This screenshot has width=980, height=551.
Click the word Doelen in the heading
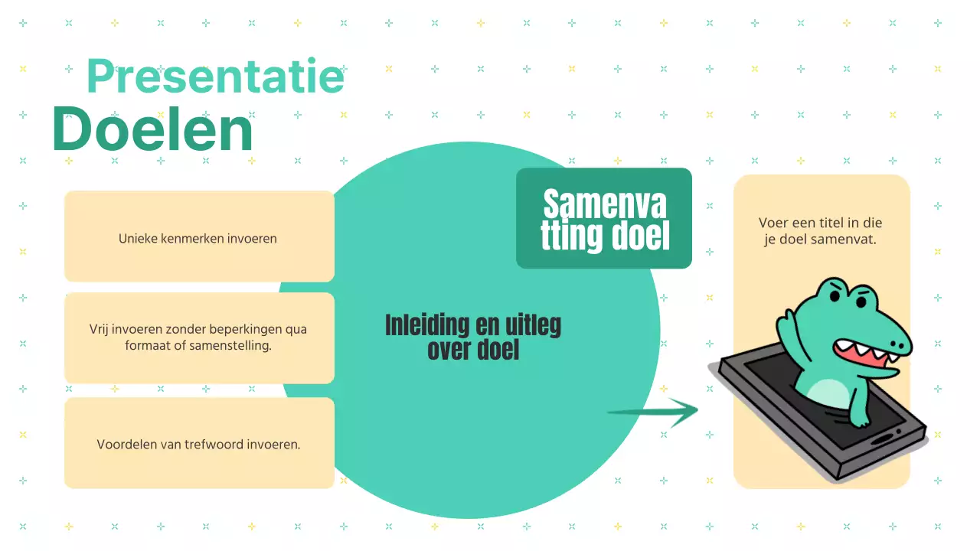pos(152,129)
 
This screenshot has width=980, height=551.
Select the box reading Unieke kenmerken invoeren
pos(200,236)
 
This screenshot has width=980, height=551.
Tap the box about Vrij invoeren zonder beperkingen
pos(200,338)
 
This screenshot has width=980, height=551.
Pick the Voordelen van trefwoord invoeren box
pos(200,443)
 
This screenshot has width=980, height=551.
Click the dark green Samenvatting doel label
pos(604,218)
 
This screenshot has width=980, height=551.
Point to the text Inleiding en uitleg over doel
pos(473,337)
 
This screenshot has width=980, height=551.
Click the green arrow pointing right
pos(653,412)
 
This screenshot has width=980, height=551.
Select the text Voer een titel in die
pos(820,223)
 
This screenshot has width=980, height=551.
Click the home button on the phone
pos(883,439)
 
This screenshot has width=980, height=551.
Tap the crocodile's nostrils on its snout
pos(900,345)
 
